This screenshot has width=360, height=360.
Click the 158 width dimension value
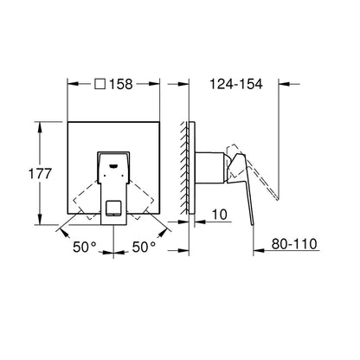(x=121, y=84)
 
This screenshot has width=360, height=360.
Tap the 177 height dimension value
(x=40, y=174)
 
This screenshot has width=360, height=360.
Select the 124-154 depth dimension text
(x=236, y=84)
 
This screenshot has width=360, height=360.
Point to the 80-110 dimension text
(x=294, y=244)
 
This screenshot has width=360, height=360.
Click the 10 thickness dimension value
(x=220, y=215)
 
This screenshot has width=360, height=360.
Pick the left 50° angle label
(x=84, y=247)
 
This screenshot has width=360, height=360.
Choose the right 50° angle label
(x=144, y=247)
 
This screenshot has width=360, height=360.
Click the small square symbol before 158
(x=100, y=84)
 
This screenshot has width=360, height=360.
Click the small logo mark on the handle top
(x=113, y=166)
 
